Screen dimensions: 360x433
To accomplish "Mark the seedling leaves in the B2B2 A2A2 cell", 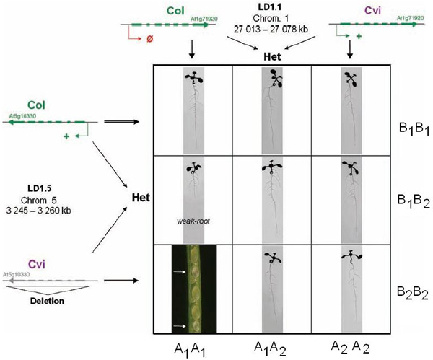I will tap(350, 255).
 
